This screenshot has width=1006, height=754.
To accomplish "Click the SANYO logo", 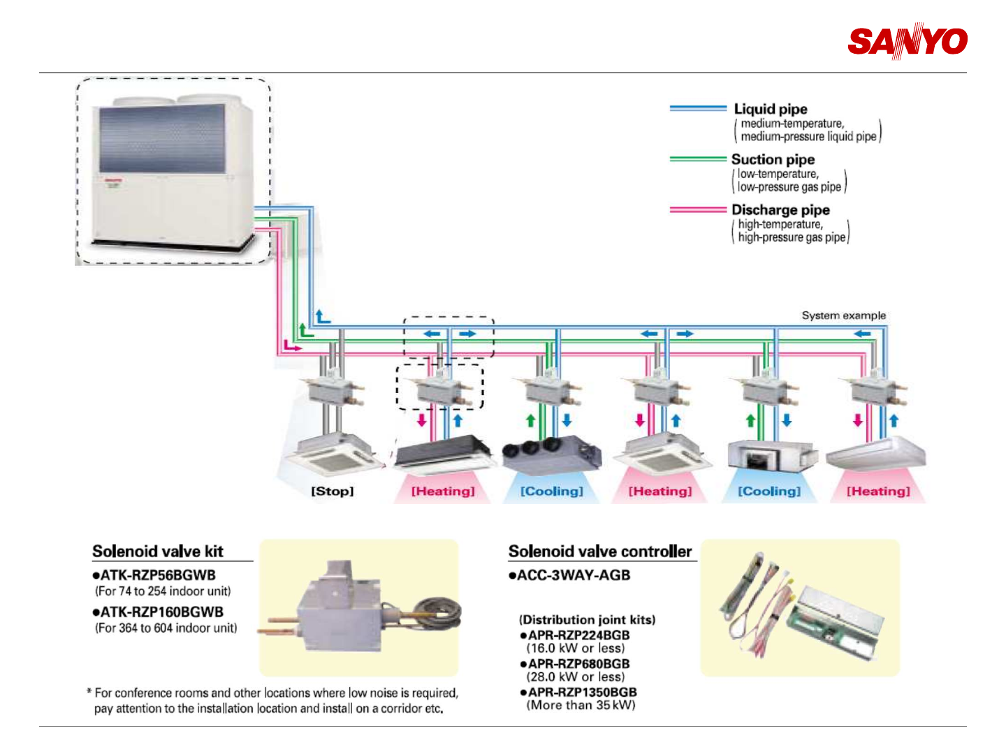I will [907, 42].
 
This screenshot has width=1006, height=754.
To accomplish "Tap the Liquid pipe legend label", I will [771, 109].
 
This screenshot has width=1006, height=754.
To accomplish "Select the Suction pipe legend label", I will [773, 159].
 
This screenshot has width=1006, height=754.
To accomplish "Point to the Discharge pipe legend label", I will [780, 209].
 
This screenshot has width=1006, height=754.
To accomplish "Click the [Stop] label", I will [333, 491].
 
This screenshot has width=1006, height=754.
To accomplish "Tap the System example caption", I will [843, 316].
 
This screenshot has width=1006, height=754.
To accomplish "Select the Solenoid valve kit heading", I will [158, 552].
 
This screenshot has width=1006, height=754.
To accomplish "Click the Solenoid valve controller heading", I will [600, 552].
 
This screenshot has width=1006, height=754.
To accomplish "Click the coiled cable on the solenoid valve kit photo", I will [437, 611].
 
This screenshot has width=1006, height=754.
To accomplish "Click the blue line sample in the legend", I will [698, 108].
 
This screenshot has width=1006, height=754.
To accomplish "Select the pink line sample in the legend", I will [698, 209].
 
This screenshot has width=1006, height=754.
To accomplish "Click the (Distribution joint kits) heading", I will [587, 620].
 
